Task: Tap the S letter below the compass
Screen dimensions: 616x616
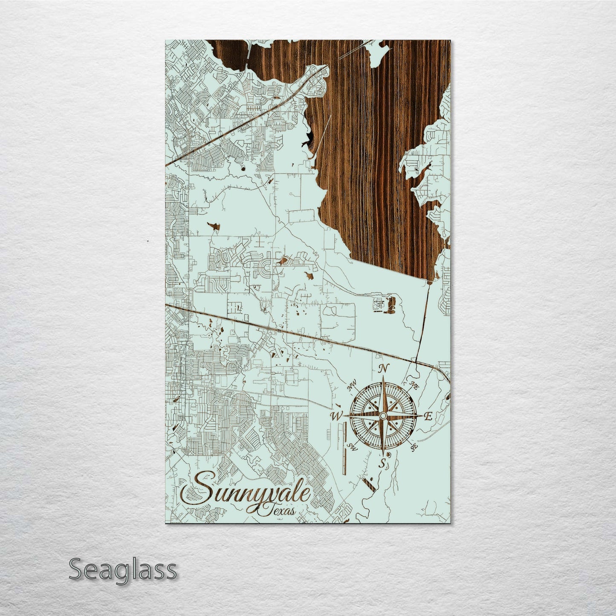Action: tap(383, 463)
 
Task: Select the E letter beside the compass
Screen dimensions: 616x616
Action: tap(428, 417)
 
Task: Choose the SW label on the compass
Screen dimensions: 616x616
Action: tap(353, 446)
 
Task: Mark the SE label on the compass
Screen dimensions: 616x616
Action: tap(414, 447)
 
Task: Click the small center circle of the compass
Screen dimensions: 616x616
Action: tap(383, 416)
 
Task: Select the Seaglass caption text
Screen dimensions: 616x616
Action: tap(122, 570)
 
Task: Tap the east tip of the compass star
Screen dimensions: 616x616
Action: tap(420, 416)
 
